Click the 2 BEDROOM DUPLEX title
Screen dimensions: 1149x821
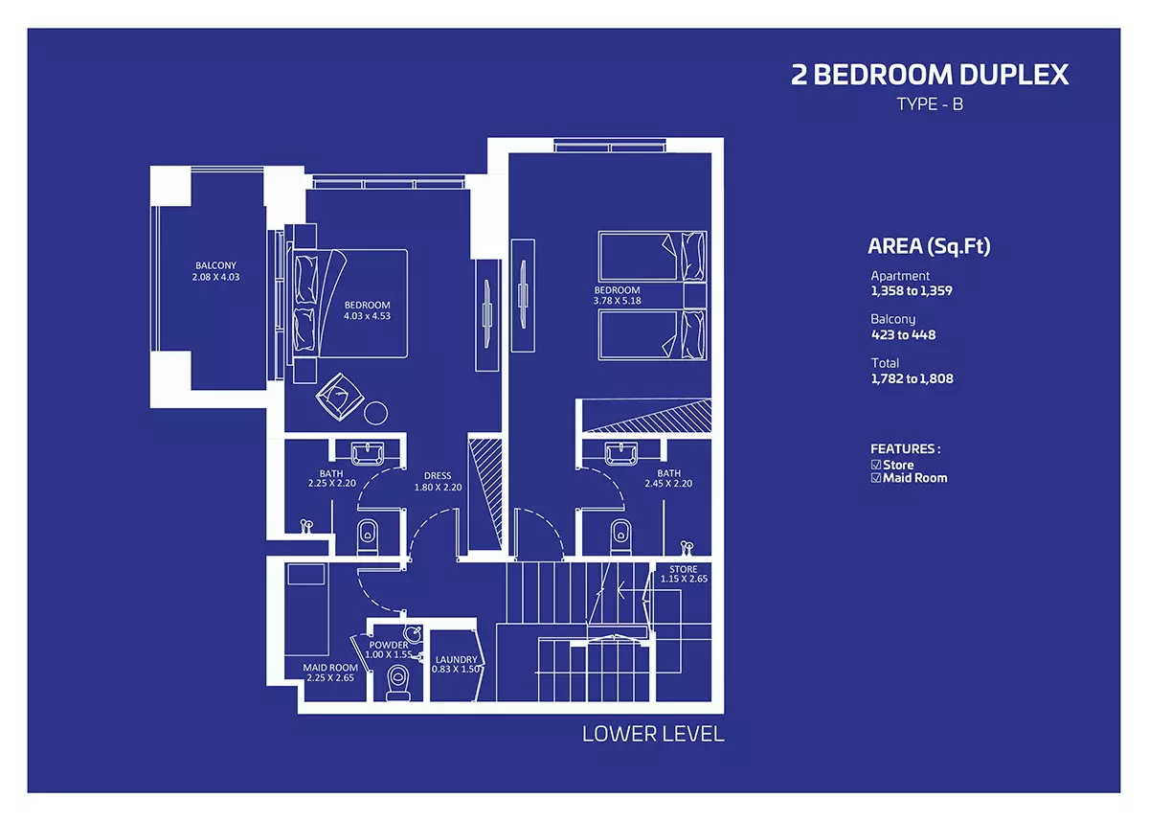[930, 75]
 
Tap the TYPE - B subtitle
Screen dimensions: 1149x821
[930, 104]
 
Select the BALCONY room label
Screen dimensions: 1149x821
[216, 265]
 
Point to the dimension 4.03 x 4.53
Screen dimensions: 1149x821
[368, 316]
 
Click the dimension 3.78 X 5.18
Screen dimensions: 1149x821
[617, 301]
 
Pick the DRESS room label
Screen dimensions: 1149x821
[438, 476]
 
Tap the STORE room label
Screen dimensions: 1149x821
[684, 569]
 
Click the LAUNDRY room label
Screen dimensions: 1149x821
[457, 659]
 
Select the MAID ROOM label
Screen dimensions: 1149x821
[330, 668]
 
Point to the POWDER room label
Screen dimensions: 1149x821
[389, 645]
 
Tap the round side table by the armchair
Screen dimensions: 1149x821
[376, 413]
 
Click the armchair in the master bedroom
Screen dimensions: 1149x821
[340, 397]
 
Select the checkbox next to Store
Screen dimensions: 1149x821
[876, 465]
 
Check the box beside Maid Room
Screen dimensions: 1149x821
[876, 478]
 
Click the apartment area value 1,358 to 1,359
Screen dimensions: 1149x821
[912, 291]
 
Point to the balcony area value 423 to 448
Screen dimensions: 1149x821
[903, 335]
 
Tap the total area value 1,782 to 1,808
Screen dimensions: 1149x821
[912, 378]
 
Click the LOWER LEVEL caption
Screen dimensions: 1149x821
[653, 734]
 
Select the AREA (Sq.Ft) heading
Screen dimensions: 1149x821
[929, 246]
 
